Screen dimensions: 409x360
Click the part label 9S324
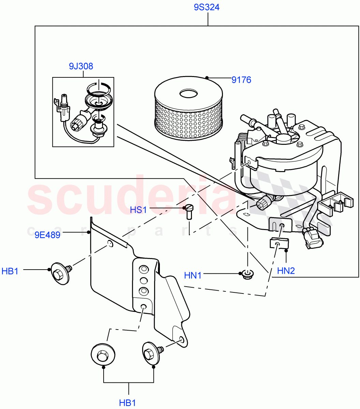tap(207, 7)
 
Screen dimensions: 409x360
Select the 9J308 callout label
tap(81, 66)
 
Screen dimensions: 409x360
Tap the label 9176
tap(241, 80)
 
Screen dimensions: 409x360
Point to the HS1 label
tap(138, 210)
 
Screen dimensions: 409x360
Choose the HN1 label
tap(193, 275)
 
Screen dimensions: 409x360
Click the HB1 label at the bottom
tap(127, 403)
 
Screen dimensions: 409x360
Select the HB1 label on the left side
tap(10, 271)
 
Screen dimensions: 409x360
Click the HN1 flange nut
tap(246, 274)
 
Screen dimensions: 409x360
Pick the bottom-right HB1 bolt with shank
tap(152, 353)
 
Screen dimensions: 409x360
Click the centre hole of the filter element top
tap(186, 93)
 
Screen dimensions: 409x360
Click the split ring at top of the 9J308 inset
tap(98, 88)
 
